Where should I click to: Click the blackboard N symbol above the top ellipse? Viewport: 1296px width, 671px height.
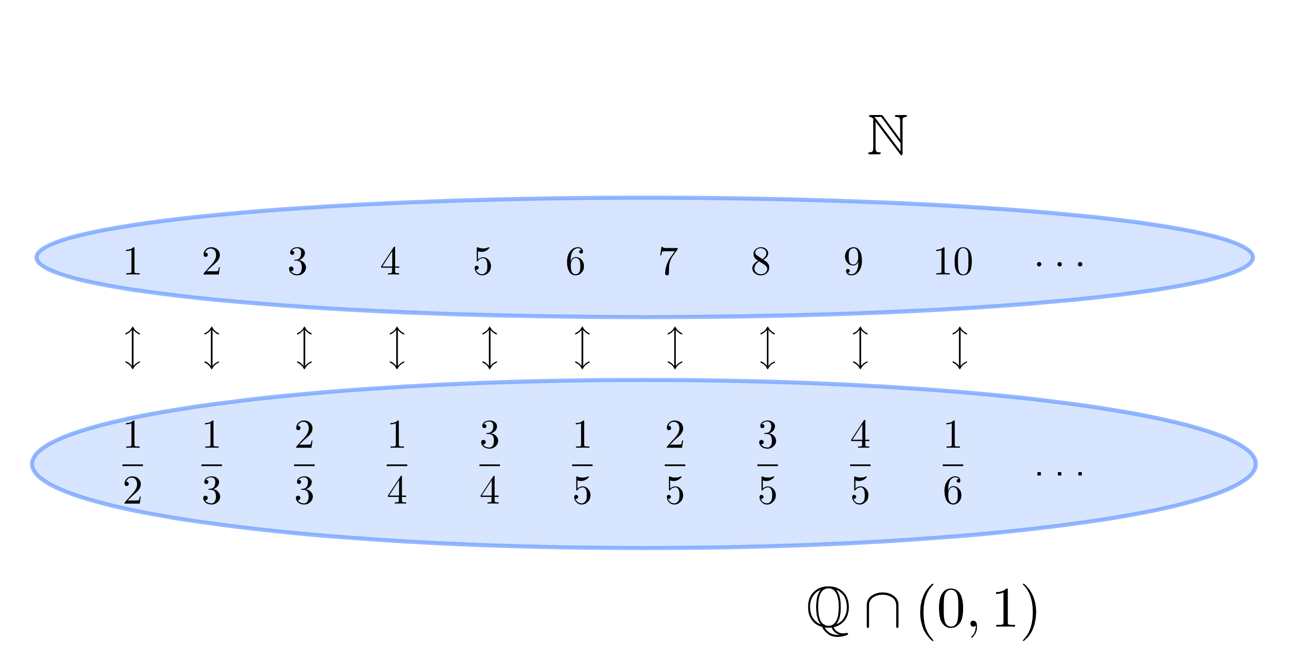tap(887, 135)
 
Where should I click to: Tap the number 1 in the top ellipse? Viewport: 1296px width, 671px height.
tap(132, 262)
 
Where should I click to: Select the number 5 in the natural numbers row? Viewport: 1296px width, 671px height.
tap(482, 262)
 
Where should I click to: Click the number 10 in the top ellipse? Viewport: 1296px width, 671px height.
tap(953, 262)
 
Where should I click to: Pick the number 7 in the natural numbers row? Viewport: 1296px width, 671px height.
tap(668, 262)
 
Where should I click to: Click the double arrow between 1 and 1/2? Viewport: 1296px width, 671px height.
tap(132, 348)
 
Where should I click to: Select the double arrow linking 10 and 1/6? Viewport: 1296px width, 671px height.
tap(959, 348)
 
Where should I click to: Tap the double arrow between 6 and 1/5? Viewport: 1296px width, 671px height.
tap(582, 348)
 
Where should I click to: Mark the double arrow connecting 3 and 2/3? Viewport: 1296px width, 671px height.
tap(305, 348)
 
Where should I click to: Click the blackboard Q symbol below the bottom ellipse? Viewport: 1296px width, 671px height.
tap(829, 611)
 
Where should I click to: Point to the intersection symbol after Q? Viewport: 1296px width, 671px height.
tap(883, 611)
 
